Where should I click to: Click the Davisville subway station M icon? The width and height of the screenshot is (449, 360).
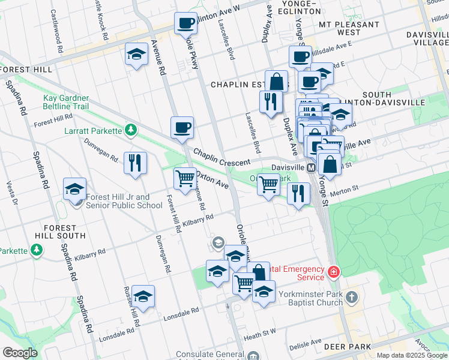[x=312, y=168]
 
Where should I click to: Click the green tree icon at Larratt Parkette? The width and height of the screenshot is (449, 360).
[x=129, y=130]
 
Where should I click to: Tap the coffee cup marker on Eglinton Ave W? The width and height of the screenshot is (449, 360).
[x=185, y=23]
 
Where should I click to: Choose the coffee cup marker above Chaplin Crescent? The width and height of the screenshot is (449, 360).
[x=182, y=127]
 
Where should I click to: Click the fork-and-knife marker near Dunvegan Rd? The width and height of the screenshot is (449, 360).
[x=135, y=162]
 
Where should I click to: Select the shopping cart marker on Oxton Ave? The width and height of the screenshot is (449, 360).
[x=185, y=178]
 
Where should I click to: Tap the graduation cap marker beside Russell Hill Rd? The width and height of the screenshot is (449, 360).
[x=143, y=296]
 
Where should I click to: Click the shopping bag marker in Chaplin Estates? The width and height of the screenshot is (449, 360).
[x=276, y=81]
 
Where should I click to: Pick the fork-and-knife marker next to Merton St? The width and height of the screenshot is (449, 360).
[x=298, y=193]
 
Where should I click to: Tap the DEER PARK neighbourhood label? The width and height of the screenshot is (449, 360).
[x=348, y=347]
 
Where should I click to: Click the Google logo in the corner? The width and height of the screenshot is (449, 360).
[x=20, y=353]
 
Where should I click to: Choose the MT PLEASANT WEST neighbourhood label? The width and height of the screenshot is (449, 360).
[x=349, y=29]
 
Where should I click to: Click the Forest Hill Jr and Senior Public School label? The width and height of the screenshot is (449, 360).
[x=124, y=201]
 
